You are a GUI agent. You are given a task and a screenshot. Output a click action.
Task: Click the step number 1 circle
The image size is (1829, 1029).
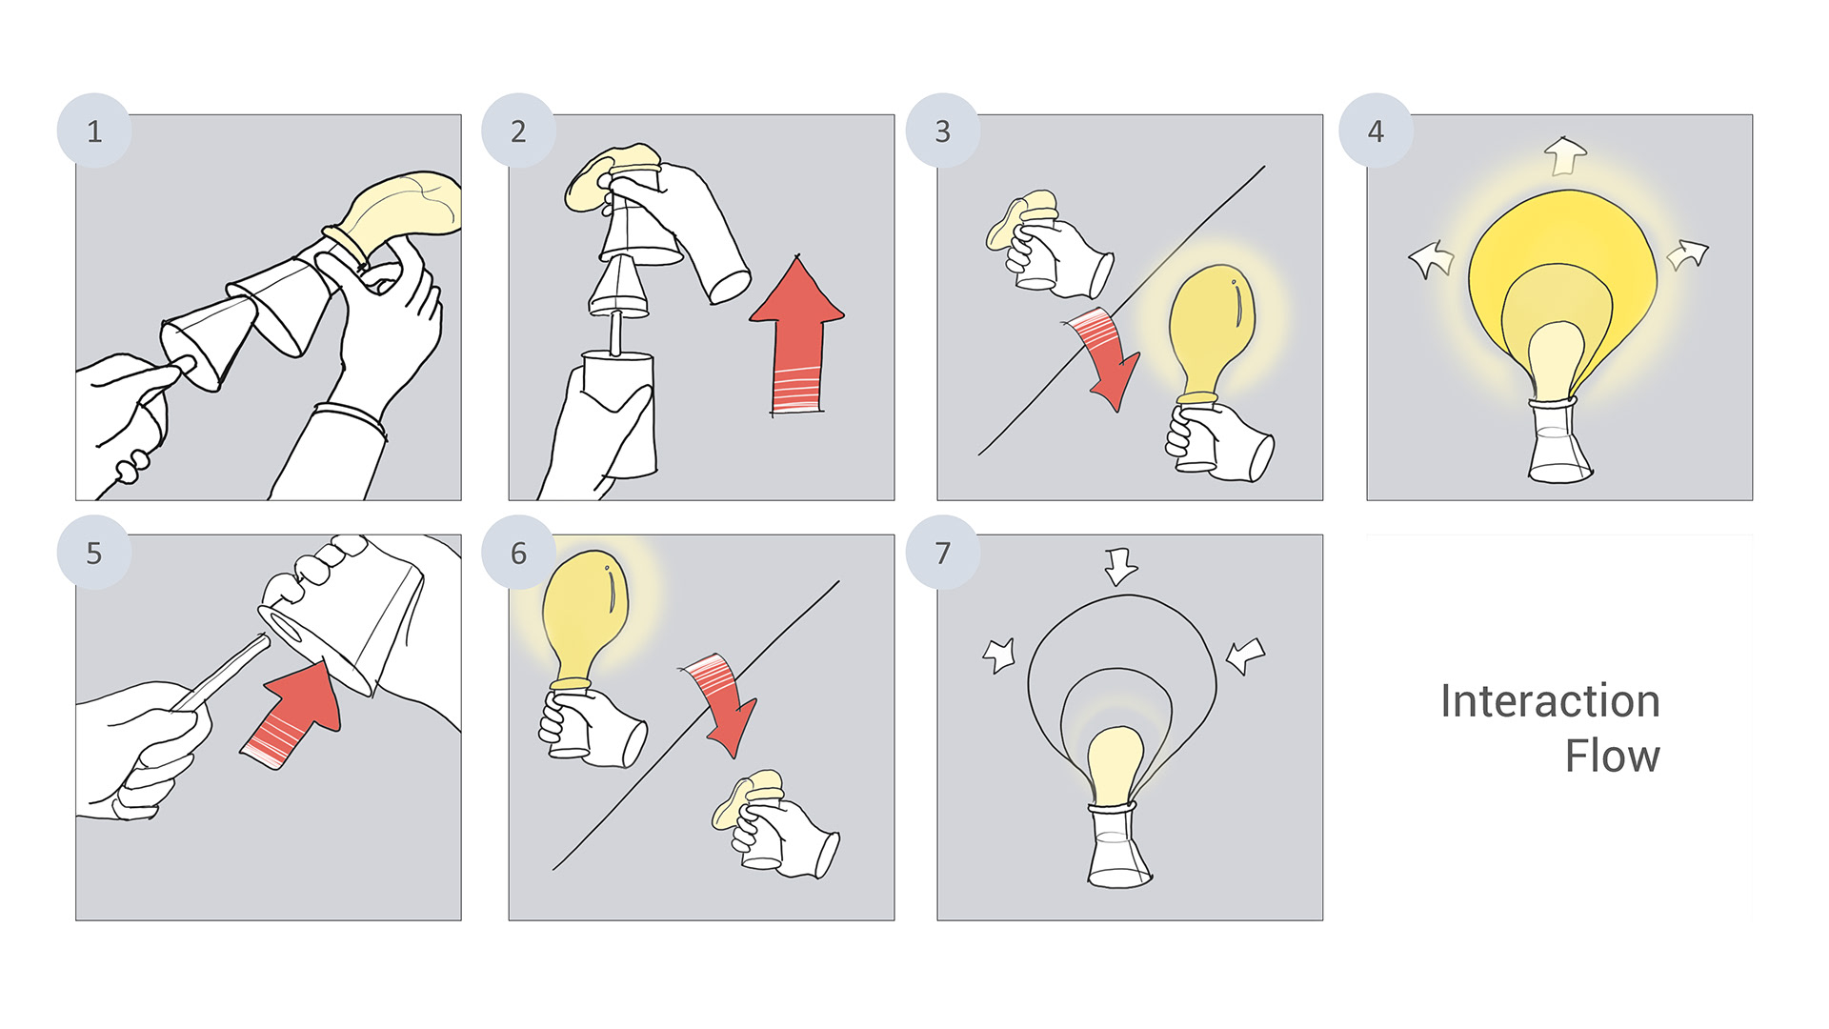[94, 131]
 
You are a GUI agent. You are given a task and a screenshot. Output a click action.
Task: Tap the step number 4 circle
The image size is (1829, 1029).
[1376, 131]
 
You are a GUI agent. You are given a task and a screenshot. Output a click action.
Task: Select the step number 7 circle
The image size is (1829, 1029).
[942, 553]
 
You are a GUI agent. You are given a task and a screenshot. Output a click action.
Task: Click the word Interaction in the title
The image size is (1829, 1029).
[1550, 701]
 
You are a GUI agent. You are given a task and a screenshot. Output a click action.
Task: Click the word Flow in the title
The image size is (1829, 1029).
[1612, 757]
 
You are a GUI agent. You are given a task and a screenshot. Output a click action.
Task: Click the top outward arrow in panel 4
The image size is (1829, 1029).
[1564, 155]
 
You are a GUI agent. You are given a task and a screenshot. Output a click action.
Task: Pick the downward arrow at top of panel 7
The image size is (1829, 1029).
[1120, 565]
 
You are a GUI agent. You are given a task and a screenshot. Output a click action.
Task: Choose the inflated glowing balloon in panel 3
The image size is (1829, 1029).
[1210, 329]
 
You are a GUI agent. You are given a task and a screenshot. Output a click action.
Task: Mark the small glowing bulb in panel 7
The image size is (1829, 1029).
[1115, 762]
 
